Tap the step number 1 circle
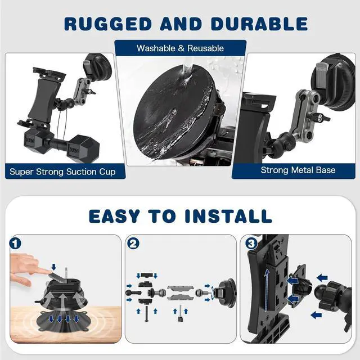point(16,245)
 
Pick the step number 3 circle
point(250,245)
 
